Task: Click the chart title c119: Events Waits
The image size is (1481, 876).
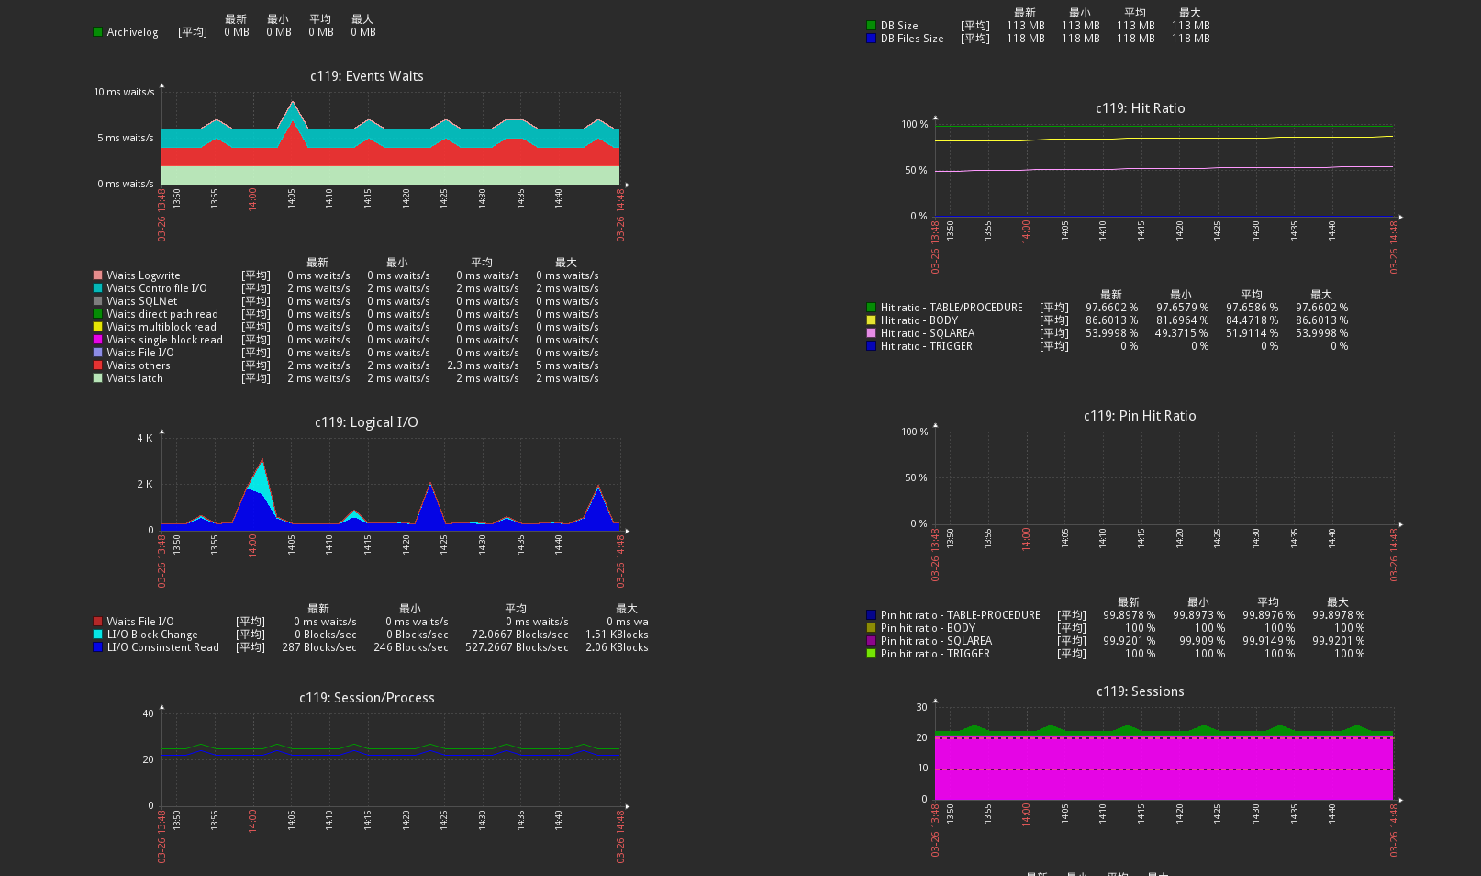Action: click(x=366, y=76)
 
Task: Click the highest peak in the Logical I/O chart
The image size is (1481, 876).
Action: click(x=262, y=459)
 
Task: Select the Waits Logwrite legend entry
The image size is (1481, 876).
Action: click(x=143, y=275)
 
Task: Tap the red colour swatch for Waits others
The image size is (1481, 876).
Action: click(x=97, y=365)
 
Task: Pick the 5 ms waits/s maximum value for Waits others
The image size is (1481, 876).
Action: click(x=567, y=365)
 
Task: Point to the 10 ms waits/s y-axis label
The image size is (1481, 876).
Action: click(x=124, y=92)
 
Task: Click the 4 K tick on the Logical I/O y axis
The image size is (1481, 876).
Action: click(x=145, y=438)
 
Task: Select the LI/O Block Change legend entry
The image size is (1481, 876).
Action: click(x=152, y=635)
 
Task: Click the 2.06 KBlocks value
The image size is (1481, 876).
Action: click(x=617, y=647)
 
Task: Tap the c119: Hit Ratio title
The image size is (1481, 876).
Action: click(x=1140, y=108)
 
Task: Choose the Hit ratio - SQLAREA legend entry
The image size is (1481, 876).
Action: click(x=927, y=333)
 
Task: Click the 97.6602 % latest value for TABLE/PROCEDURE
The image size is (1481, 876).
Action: click(x=1111, y=308)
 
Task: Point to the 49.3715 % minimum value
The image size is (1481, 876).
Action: click(x=1181, y=333)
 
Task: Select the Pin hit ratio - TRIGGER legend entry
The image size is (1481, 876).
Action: click(x=935, y=654)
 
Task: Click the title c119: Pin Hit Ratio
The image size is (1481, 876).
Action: click(x=1140, y=416)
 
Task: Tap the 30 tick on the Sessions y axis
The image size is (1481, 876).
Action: click(x=921, y=707)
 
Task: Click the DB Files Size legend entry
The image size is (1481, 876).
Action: click(x=911, y=39)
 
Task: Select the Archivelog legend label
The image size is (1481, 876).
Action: click(x=132, y=32)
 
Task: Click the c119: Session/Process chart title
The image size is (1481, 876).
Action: click(x=366, y=698)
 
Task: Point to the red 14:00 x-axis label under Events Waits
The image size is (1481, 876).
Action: click(x=252, y=198)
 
